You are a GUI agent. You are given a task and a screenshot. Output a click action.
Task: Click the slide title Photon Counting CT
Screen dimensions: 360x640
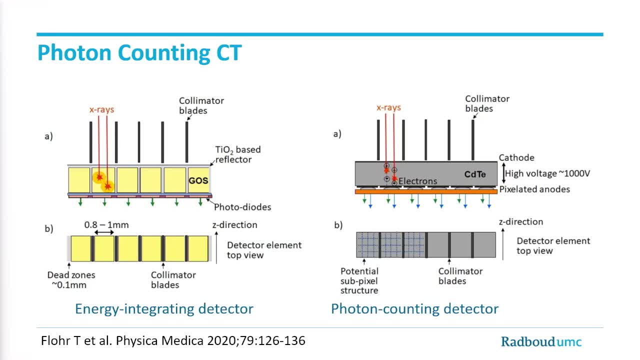click(x=139, y=53)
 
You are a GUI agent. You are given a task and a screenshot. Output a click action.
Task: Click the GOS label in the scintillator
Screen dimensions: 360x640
click(x=198, y=180)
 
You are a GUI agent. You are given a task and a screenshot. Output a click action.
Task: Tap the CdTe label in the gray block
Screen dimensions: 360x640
click(x=474, y=174)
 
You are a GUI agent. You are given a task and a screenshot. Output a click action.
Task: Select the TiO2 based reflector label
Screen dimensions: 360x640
click(x=237, y=154)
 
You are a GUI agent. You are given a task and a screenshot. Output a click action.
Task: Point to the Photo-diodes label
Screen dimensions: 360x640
click(x=242, y=206)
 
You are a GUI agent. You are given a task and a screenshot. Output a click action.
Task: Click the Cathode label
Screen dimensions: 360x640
click(x=516, y=157)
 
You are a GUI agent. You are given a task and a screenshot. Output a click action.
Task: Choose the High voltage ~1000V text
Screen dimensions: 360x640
click(x=547, y=173)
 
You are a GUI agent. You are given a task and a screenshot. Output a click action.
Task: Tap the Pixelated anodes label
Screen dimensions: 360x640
click(x=534, y=189)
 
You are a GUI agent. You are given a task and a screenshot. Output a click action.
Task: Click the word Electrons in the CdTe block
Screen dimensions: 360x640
click(x=418, y=181)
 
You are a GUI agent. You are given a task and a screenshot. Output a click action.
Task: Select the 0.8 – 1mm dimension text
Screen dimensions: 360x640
click(x=106, y=225)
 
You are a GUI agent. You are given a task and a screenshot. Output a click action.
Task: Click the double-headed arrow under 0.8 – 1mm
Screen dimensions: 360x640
click(x=104, y=232)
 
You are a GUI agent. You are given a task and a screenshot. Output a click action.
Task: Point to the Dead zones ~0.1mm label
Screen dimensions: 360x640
click(x=71, y=279)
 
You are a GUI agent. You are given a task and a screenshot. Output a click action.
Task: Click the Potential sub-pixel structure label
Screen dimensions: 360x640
click(x=359, y=280)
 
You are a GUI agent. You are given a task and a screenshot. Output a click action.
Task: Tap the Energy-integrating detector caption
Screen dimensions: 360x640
click(x=164, y=308)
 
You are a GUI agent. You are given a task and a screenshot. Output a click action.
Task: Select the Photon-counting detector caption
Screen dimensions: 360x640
click(x=414, y=308)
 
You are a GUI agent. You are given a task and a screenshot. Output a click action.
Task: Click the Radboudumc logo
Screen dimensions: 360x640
click(x=541, y=342)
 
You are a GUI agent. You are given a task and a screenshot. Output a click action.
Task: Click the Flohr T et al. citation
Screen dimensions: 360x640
click(x=173, y=341)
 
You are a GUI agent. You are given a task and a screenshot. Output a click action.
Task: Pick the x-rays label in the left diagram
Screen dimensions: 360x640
click(x=101, y=109)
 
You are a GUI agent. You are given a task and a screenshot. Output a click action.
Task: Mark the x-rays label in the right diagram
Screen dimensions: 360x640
click(x=388, y=107)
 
